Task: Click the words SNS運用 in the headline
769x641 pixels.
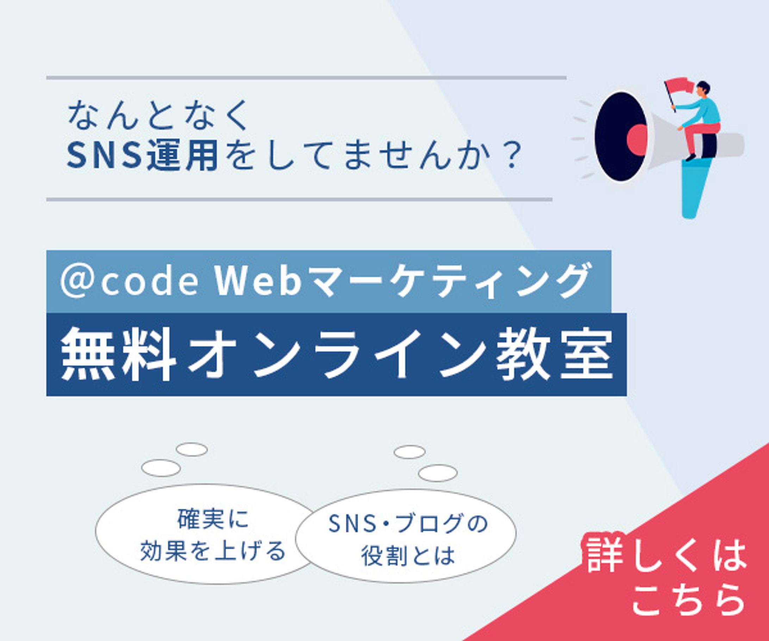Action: click(143, 155)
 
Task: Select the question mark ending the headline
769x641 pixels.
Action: click(511, 156)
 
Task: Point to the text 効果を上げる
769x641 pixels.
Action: click(213, 550)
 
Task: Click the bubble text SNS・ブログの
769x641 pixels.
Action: click(409, 523)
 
